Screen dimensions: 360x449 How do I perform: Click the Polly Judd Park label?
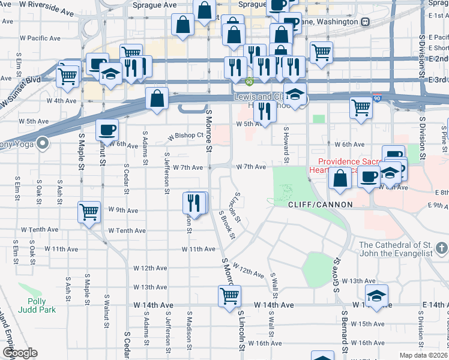point(41,306)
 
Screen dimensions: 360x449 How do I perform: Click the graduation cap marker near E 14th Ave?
point(376,295)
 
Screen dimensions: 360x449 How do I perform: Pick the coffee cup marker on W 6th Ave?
point(107,130)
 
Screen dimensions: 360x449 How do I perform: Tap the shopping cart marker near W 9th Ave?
point(89,212)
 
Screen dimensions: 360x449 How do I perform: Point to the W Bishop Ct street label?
point(186,136)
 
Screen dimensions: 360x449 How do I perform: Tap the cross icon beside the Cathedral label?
point(441,247)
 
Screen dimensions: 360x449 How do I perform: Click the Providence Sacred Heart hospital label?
point(348,166)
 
